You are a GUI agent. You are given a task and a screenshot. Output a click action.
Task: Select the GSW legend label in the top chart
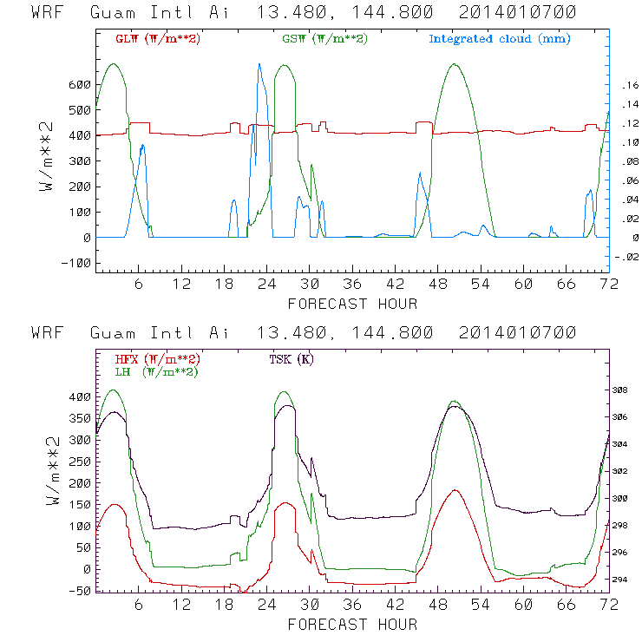[x=323, y=39]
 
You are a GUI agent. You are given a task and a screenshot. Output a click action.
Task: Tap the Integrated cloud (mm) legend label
[x=500, y=39]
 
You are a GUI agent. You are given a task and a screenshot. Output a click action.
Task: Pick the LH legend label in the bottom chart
[x=154, y=370]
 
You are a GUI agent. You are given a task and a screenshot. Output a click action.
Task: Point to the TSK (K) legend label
[x=293, y=359]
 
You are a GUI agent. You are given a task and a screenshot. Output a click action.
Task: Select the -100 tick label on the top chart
[x=75, y=263]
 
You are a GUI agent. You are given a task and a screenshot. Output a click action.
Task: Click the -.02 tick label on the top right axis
[x=625, y=257]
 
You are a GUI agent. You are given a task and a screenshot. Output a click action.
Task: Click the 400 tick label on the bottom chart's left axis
[x=79, y=396]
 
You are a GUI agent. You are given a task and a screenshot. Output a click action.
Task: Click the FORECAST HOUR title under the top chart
[x=352, y=304]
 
